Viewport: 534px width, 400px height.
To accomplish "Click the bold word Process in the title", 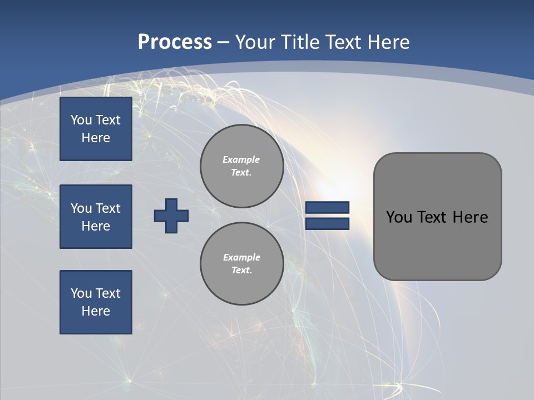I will point(175,42).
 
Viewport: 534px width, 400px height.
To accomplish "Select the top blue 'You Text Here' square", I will point(96,129).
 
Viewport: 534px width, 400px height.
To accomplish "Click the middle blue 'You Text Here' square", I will point(96,217).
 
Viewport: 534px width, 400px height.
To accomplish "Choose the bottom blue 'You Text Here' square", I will point(96,302).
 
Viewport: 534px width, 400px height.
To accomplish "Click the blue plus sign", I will point(171,216).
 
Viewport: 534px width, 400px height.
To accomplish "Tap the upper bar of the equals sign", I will point(327,208).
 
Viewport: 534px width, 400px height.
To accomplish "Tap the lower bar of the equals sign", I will point(327,223).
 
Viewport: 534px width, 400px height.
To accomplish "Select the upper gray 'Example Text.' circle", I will point(241,166).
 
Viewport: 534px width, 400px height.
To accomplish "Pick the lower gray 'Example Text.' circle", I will point(241,263).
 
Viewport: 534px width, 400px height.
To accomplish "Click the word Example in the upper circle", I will point(241,159).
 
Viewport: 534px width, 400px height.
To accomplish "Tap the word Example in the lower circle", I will point(241,257).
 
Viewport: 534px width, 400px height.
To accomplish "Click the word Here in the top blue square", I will point(96,138).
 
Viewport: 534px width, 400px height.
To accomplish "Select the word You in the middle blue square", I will point(81,208).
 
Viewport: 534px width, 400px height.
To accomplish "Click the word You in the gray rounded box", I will point(398,217).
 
